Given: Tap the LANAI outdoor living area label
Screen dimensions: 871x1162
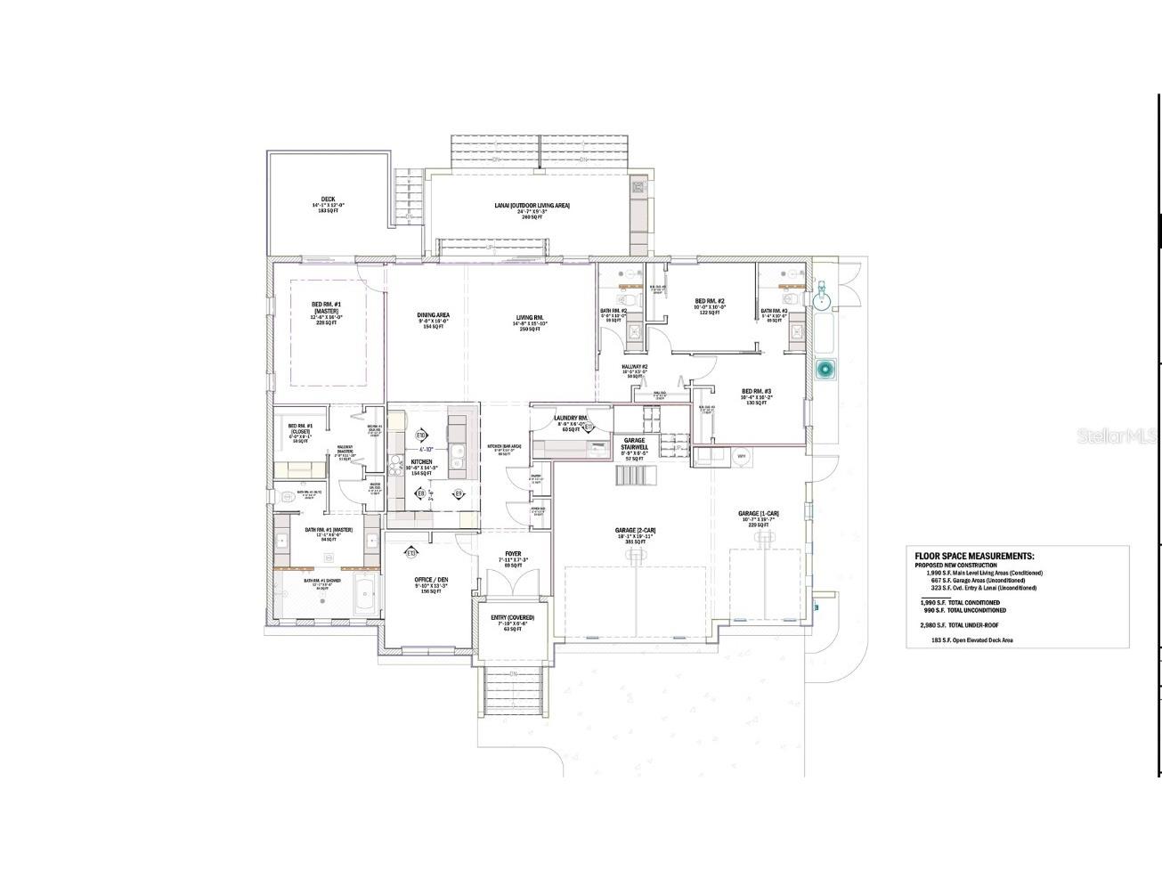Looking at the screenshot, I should pyautogui.click(x=532, y=206).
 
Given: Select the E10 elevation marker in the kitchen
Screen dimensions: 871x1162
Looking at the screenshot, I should pyautogui.click(x=419, y=435).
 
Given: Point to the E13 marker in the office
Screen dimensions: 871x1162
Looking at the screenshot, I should pyautogui.click(x=411, y=553).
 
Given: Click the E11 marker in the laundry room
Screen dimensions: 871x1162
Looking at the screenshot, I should pyautogui.click(x=589, y=427).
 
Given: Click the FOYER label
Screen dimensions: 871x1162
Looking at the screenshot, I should pyautogui.click(x=513, y=553).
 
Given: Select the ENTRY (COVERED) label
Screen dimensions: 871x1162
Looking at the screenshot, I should pyautogui.click(x=512, y=617).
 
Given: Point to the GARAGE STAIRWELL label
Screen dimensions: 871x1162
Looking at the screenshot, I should pyautogui.click(x=633, y=444).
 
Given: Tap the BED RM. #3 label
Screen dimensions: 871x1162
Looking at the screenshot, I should pyautogui.click(x=756, y=392).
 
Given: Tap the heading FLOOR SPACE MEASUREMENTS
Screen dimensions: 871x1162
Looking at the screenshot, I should pyautogui.click(x=969, y=556).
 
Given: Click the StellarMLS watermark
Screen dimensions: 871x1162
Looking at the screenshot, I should pyautogui.click(x=1117, y=436).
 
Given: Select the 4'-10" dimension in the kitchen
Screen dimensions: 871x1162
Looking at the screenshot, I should pyautogui.click(x=429, y=449).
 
